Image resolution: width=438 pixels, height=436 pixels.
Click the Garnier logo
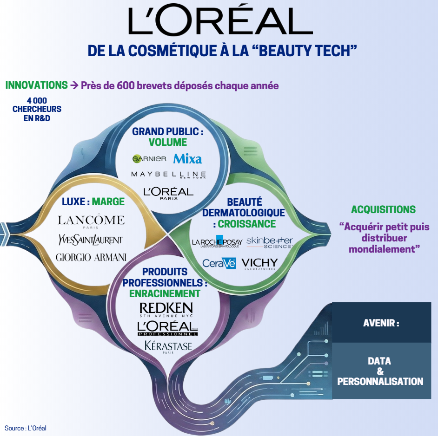tap(149, 159)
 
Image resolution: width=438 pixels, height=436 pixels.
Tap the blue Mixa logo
tap(188, 159)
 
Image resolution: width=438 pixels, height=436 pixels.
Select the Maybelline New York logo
tap(168, 175)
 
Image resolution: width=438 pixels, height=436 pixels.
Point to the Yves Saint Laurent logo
tap(91, 239)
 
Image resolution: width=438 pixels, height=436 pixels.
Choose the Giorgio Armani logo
tap(91, 257)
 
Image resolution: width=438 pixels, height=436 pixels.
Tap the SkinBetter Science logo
tap(270, 241)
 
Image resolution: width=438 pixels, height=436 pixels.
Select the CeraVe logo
tap(219, 263)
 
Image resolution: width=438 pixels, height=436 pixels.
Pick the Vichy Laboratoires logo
tap(259, 264)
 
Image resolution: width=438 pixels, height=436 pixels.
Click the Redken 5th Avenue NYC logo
tap(166, 309)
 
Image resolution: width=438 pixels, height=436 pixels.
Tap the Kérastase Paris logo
tap(168, 347)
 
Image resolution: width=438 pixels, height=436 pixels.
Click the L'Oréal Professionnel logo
tap(167, 328)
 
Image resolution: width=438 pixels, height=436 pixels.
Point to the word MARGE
tap(108, 202)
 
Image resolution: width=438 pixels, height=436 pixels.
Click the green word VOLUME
tap(168, 142)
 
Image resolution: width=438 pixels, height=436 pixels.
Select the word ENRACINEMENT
tap(165, 293)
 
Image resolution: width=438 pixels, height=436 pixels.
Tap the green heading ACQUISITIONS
tap(383, 209)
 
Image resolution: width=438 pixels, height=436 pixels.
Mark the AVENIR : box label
tap(381, 323)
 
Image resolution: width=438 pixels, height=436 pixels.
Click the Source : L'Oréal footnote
tap(26, 428)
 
